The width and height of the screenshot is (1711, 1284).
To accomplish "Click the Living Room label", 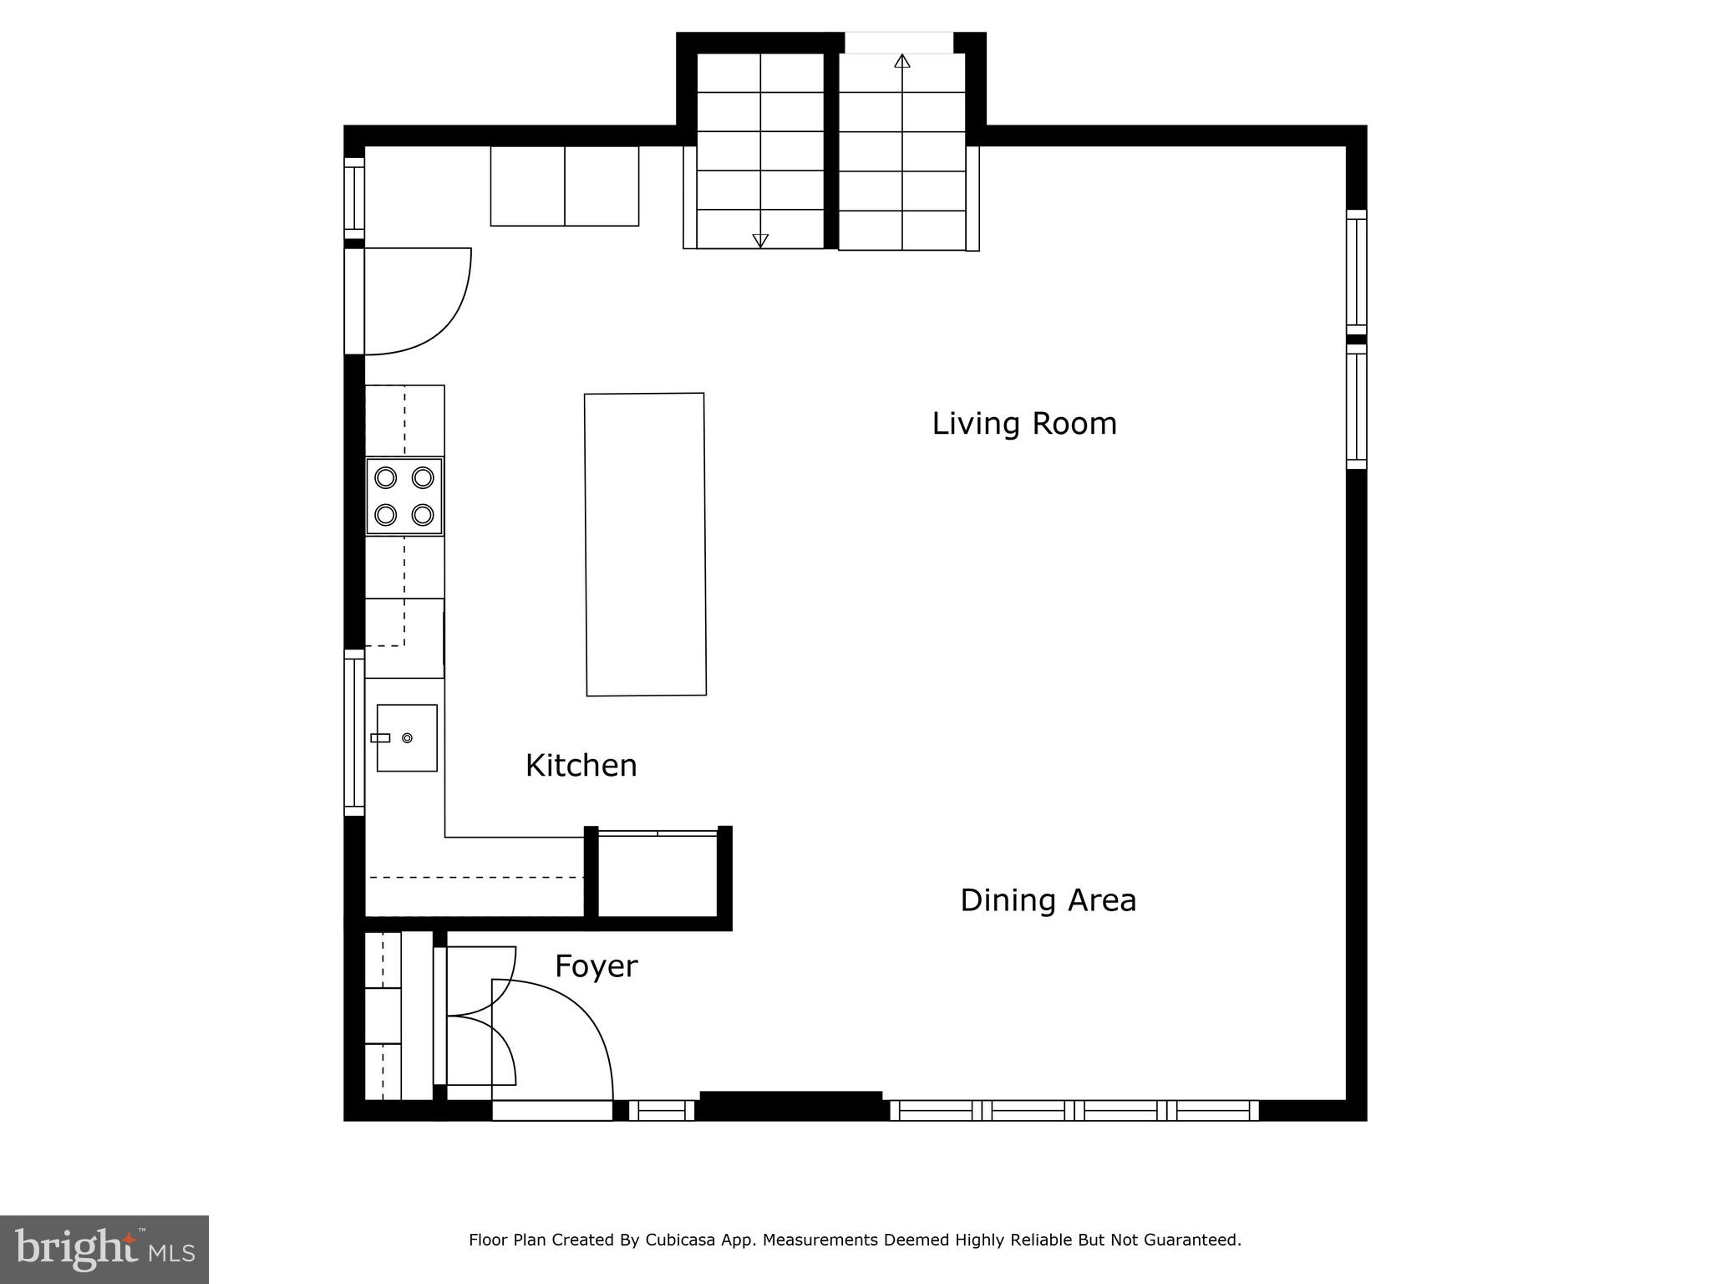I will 1023,424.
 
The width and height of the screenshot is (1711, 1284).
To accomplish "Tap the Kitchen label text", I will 581,766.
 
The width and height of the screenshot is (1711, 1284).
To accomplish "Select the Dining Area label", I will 1048,900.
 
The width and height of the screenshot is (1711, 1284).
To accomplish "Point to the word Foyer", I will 596,966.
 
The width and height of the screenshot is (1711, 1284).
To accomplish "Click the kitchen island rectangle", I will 645,544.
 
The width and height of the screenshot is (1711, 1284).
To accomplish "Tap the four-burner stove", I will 404,496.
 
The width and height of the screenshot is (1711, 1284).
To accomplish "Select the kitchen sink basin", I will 407,737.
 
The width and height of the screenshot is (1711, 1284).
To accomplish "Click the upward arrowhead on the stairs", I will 901,61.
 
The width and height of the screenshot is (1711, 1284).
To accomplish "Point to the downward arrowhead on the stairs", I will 760,241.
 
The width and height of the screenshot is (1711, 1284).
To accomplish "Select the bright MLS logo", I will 104,1249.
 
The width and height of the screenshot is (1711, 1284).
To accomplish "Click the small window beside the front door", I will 661,1110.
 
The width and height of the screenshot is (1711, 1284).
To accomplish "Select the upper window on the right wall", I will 1356,272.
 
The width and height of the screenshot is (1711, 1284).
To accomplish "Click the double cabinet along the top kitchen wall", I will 564,186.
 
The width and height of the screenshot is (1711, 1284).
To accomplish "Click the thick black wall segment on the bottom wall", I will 790,1105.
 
